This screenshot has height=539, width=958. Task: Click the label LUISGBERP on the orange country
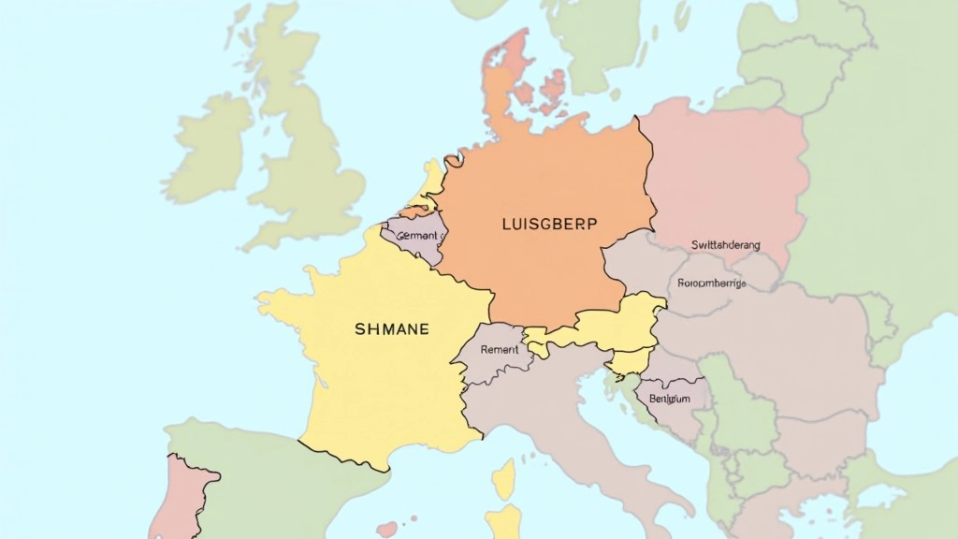(x=536, y=225)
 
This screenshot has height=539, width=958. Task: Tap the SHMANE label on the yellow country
(x=392, y=329)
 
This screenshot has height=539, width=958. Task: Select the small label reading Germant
(x=416, y=236)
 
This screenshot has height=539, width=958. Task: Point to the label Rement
(x=499, y=349)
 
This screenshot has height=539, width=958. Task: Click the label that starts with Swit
(x=725, y=245)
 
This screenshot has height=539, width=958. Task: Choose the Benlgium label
(x=669, y=399)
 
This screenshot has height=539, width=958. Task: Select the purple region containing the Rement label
(x=491, y=356)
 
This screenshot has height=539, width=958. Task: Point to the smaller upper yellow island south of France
(x=504, y=479)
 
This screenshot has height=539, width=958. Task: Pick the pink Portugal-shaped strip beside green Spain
(x=182, y=496)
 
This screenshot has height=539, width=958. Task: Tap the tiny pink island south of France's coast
(x=386, y=530)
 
